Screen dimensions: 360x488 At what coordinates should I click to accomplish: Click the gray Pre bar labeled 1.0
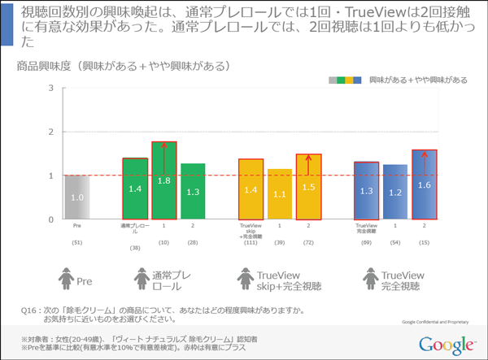click(77, 197)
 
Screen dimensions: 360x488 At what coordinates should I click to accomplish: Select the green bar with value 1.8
click(164, 181)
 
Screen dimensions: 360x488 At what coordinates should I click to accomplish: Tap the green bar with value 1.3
click(193, 191)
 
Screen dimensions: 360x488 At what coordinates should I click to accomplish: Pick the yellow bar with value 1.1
click(279, 194)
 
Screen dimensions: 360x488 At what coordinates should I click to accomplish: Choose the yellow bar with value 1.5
click(308, 187)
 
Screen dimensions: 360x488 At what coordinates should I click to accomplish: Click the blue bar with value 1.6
click(425, 184)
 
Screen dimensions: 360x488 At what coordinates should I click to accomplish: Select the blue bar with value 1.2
click(395, 193)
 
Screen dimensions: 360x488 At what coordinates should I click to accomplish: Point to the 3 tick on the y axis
click(52, 88)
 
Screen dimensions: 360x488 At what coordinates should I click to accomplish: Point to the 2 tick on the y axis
click(52, 132)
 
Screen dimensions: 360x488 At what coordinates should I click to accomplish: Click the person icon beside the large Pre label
click(66, 280)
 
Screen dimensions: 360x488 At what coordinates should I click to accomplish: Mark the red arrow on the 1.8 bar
click(164, 151)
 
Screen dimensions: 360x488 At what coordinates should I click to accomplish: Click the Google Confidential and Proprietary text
click(435, 322)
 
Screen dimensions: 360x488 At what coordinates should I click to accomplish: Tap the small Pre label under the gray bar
click(77, 228)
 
